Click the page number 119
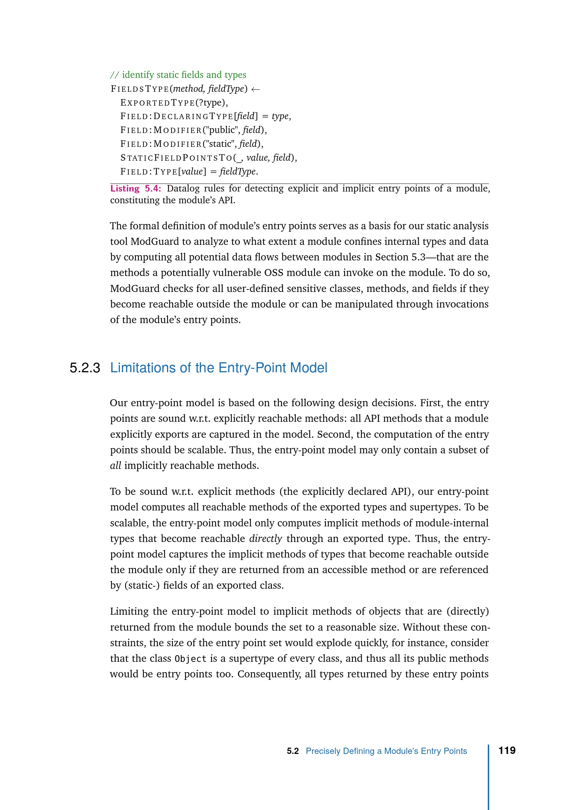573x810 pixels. coord(507,750)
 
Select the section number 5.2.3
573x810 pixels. coord(85,368)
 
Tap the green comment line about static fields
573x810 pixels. coord(178,75)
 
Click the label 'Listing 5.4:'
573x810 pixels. coord(135,189)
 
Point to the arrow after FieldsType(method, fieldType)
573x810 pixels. coord(255,89)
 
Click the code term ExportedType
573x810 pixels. coord(157,103)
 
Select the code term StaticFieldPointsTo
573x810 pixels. coord(176,158)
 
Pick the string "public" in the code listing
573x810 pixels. coord(222,130)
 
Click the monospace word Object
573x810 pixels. coord(191,659)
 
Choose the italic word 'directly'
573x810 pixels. coord(265,539)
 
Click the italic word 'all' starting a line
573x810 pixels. coord(116,466)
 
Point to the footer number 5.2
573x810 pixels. coord(292,751)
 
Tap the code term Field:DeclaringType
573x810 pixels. coord(176,116)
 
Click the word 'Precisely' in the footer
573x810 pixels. coord(323,751)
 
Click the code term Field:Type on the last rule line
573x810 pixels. coord(149,172)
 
